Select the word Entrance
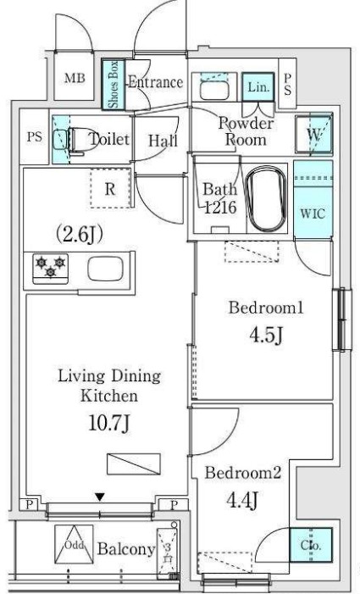click(x=155, y=82)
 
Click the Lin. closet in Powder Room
click(x=255, y=86)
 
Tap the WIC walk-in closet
click(x=313, y=212)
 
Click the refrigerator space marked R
click(x=109, y=190)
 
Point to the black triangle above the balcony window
click(x=100, y=497)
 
